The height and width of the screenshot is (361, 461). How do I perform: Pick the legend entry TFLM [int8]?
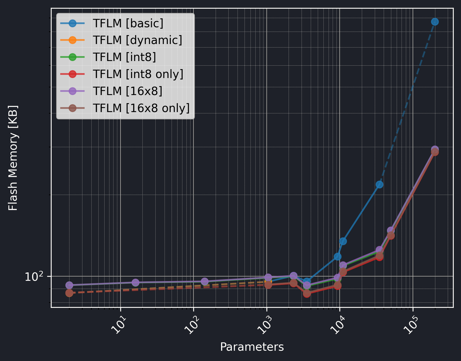[124, 57]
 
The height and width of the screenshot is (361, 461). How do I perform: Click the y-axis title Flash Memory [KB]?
[13, 158]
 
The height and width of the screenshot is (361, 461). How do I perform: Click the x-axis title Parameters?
[252, 347]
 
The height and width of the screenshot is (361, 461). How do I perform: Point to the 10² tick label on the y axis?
[34, 276]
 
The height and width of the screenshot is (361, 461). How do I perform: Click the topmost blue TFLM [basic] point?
[435, 22]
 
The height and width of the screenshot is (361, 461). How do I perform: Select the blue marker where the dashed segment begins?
[379, 184]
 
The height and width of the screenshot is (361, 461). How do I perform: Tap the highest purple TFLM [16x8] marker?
[435, 150]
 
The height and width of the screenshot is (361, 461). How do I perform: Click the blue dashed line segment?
[408, 100]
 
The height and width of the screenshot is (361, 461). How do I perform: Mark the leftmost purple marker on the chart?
[69, 285]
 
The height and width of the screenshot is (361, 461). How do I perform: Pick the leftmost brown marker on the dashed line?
[69, 293]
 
